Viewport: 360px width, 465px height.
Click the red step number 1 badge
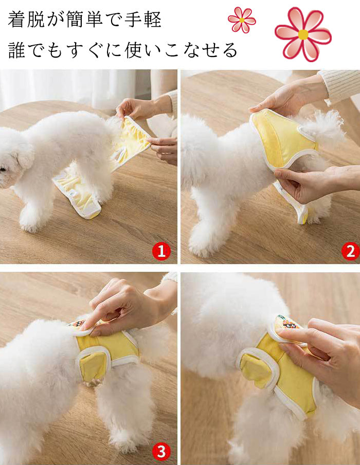(x=161, y=252)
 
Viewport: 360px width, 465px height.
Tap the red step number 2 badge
(x=350, y=252)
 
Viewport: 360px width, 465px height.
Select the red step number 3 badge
(x=161, y=452)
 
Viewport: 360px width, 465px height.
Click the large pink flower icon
(x=303, y=34)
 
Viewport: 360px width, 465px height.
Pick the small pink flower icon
(x=242, y=20)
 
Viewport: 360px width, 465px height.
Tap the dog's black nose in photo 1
(x=2, y=169)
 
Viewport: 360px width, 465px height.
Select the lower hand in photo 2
(x=298, y=185)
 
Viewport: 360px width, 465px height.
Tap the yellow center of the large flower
(x=303, y=34)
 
